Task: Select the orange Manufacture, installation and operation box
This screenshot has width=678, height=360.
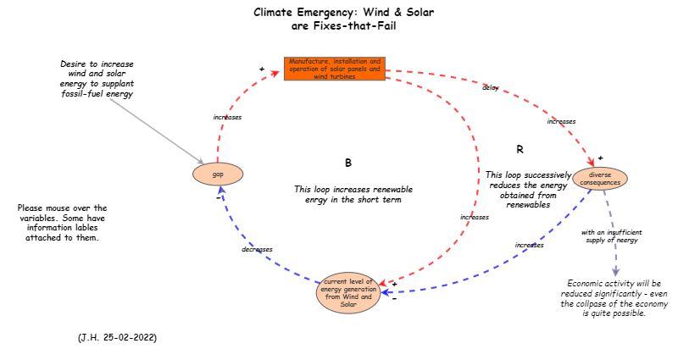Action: point(335,69)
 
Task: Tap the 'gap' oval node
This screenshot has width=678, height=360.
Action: point(218,174)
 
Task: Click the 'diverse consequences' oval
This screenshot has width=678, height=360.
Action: point(600,179)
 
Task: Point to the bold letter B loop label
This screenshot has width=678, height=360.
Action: point(347,162)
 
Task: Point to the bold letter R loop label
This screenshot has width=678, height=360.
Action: point(520,150)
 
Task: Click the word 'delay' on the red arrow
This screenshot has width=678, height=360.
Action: point(490,87)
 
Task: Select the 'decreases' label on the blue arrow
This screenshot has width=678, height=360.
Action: point(257,250)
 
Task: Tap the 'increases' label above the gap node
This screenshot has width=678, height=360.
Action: point(227,117)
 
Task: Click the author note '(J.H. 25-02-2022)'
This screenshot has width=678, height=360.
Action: point(117,337)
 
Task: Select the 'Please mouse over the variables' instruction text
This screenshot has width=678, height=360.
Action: point(62,223)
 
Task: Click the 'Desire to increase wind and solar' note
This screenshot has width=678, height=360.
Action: point(97,79)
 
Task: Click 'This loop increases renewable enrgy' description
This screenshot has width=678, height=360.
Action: point(353,195)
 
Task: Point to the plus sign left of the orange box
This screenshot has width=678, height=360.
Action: point(262,69)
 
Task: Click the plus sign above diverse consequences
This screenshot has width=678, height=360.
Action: point(600,158)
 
